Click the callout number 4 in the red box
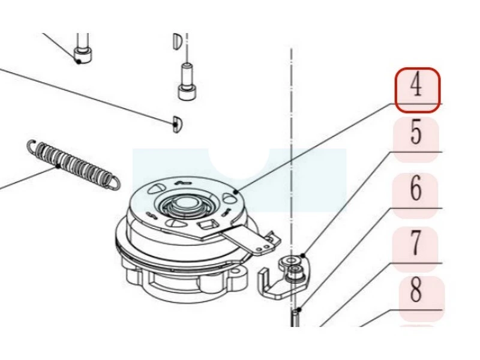tap(417, 88)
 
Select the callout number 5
tap(416, 133)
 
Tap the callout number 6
tap(416, 190)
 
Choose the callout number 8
tap(416, 290)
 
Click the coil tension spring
tap(72, 163)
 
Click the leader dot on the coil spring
tap(58, 166)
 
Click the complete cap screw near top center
tap(185, 81)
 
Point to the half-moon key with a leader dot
tap(176, 123)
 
